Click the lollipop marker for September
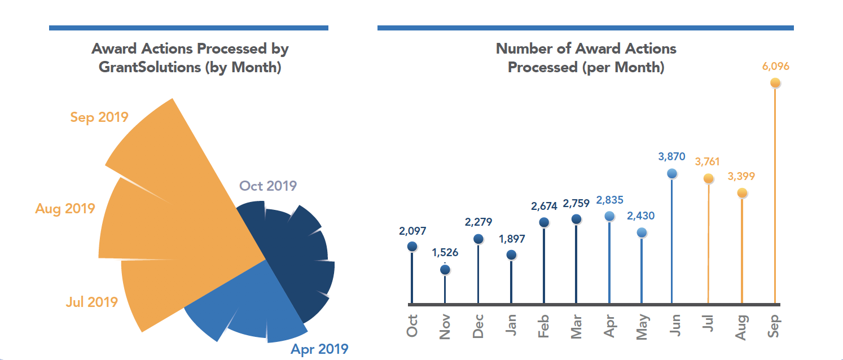pyautogui.click(x=775, y=83)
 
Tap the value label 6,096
pyautogui.click(x=775, y=67)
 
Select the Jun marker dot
pyautogui.click(x=671, y=174)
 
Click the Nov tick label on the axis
pyautogui.click(x=445, y=326)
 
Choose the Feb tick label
pyautogui.click(x=544, y=326)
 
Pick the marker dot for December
pyautogui.click(x=478, y=239)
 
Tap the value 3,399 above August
pyautogui.click(x=741, y=177)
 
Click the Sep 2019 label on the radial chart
pyautogui.click(x=99, y=117)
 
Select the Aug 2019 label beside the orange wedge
pyautogui.click(x=65, y=208)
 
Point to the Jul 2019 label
pyautogui.click(x=91, y=302)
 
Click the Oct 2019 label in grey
pyautogui.click(x=268, y=186)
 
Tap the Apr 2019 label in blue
pyautogui.click(x=319, y=349)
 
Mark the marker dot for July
pyautogui.click(x=708, y=178)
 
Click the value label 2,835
pyautogui.click(x=609, y=200)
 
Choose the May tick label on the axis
pyautogui.click(x=642, y=326)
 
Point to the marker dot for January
pyautogui.click(x=511, y=255)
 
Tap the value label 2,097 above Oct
pyautogui.click(x=412, y=231)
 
